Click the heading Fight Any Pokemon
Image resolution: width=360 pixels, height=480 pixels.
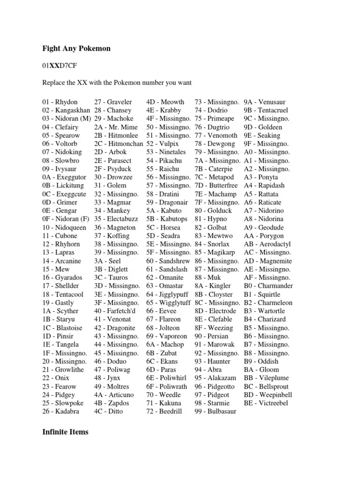point(76,48)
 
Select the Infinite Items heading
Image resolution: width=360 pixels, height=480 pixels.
point(65,432)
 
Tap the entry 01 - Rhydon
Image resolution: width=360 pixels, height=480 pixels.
point(60,102)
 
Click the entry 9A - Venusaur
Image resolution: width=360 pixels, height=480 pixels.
point(264,102)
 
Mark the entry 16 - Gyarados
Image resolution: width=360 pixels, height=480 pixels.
point(62,277)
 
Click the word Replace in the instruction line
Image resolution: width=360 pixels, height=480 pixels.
point(53,83)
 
